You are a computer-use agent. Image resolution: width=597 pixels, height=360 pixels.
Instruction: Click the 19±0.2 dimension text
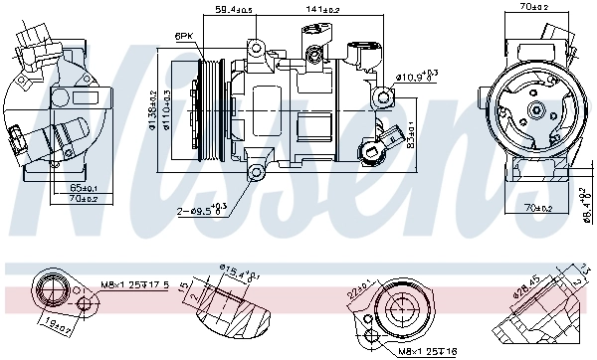pyautogui.click(x=56, y=322)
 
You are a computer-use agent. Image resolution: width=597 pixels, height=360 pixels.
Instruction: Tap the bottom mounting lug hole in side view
pyautogui.click(x=257, y=174)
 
